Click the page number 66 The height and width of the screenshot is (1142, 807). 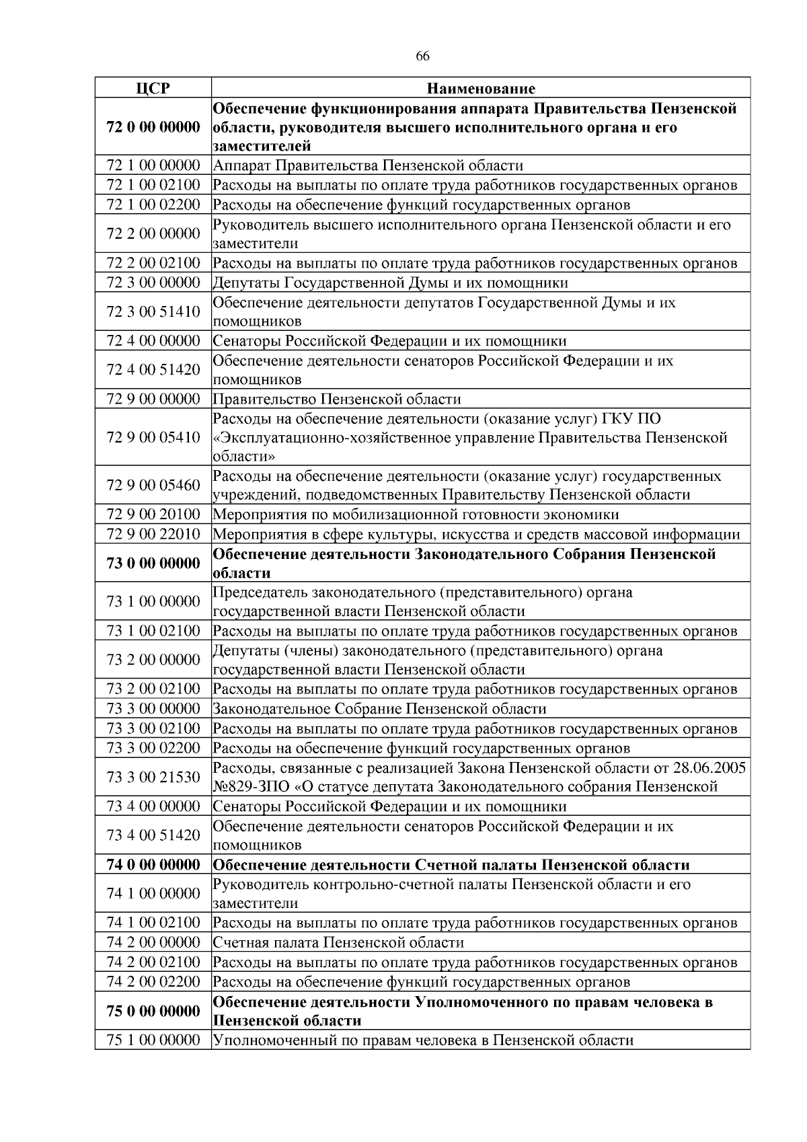pyautogui.click(x=422, y=56)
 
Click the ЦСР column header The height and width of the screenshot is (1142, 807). pyautogui.click(x=153, y=88)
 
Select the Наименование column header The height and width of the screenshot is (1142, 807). pyautogui.click(x=481, y=88)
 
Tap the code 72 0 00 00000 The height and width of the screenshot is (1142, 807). pyautogui.click(x=153, y=127)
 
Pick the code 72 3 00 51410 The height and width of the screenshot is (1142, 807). pyautogui.click(x=153, y=311)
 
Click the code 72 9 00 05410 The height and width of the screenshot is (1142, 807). pyautogui.click(x=153, y=438)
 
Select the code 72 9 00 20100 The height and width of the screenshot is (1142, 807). pyautogui.click(x=153, y=515)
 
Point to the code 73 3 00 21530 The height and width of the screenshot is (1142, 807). pyautogui.click(x=153, y=777)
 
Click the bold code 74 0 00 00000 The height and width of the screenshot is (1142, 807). pyautogui.click(x=153, y=865)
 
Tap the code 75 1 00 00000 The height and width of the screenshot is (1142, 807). pyautogui.click(x=153, y=1040)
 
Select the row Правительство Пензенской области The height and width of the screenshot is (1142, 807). pyautogui.click(x=337, y=399)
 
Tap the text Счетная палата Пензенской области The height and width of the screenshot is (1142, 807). pyautogui.click(x=338, y=942)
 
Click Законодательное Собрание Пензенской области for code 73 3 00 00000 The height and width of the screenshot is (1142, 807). pyautogui.click(x=379, y=709)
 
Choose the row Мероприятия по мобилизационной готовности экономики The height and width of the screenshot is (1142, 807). pyautogui.click(x=416, y=515)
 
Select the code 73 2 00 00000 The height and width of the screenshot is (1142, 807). pyautogui.click(x=153, y=660)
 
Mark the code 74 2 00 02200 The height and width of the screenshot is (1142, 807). pyautogui.click(x=153, y=982)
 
